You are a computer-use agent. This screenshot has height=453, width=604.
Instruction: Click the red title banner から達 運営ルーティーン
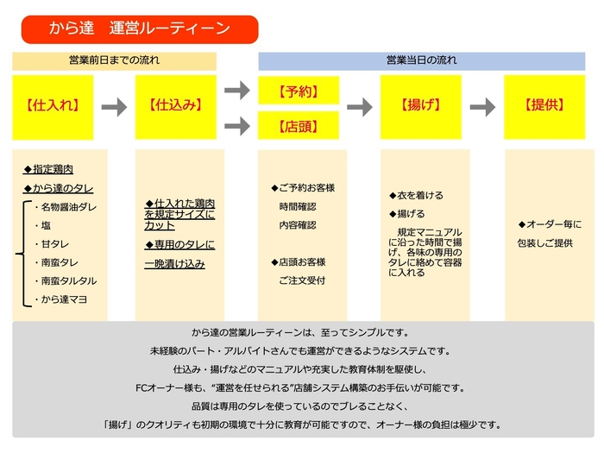(139, 29)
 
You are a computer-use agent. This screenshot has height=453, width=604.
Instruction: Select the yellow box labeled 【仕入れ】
(53, 106)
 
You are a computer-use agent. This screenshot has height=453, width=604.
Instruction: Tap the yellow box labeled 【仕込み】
(176, 106)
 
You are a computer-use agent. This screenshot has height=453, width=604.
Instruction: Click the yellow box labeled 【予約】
(298, 90)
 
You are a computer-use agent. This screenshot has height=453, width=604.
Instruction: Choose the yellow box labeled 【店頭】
(298, 125)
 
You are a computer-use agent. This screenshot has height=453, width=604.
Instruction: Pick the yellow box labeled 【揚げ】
(421, 106)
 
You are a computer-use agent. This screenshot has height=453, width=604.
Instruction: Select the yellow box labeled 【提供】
(545, 106)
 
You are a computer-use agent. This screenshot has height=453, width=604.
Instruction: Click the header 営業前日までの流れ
(114, 61)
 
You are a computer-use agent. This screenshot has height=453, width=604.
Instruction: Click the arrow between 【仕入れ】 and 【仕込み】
(114, 107)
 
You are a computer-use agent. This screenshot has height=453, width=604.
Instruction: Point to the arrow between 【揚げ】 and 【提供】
(483, 107)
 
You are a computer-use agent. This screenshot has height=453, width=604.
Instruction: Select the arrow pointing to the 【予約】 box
(236, 90)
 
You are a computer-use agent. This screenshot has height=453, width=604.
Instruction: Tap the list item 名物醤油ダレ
(66, 207)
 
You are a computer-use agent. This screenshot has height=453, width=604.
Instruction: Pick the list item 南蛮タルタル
(66, 281)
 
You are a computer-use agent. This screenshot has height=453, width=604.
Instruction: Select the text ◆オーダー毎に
(550, 224)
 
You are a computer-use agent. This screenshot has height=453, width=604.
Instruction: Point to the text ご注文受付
(302, 280)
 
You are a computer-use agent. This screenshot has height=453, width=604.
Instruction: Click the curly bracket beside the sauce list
(21, 254)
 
